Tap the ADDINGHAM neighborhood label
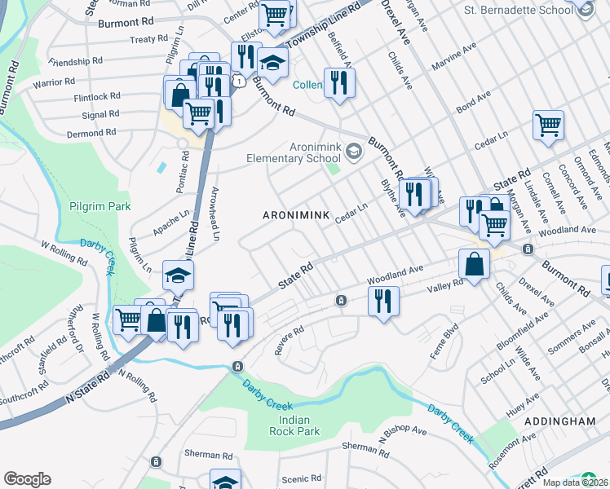coord(560,421)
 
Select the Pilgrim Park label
coord(99,207)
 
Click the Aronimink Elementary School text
coord(295,151)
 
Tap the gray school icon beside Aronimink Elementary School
coord(354,150)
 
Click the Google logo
coord(27,479)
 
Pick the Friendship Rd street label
coord(75,61)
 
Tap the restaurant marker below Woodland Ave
coord(382,301)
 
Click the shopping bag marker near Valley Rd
coord(474,264)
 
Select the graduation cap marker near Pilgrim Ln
coord(177,275)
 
